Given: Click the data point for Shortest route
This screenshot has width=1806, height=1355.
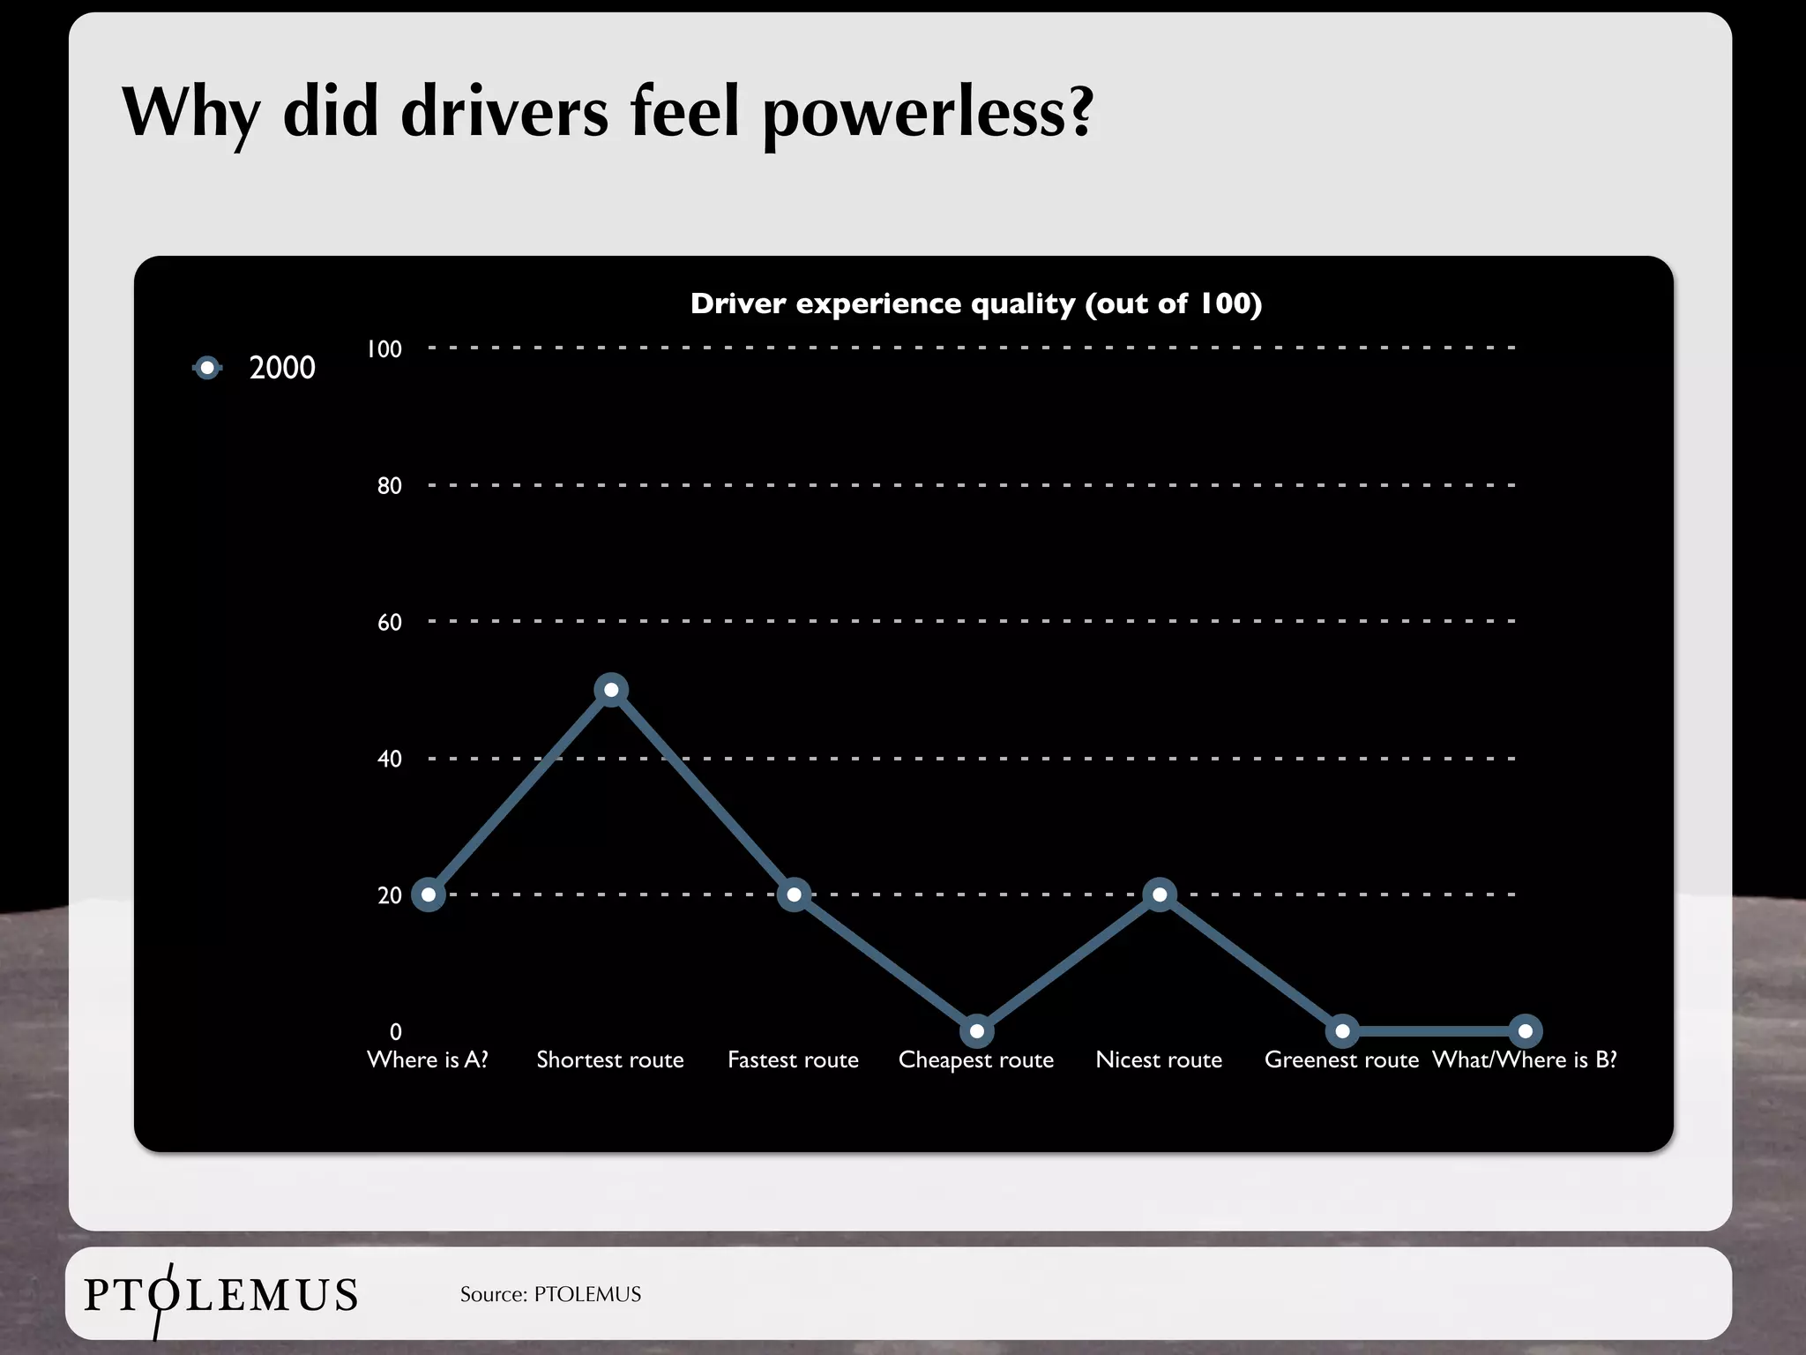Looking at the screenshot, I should [611, 689].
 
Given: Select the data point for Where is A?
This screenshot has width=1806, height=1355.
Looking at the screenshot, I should [429, 895].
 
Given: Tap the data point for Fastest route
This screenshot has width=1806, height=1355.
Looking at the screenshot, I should [794, 895].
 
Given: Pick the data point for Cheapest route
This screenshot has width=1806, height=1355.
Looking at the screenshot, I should [976, 1031].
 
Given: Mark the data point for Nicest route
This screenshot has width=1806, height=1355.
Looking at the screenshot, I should [1160, 895].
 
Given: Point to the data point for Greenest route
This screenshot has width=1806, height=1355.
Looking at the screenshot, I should [1342, 1031].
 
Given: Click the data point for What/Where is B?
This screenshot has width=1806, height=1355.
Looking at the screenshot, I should [1525, 1031].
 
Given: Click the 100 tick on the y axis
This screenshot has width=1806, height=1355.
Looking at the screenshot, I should [384, 349].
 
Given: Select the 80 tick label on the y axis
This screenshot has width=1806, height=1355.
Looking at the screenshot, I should [389, 486].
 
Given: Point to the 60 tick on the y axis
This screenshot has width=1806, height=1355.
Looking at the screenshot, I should [389, 623].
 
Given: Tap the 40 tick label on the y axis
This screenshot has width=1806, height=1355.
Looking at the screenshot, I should [389, 760].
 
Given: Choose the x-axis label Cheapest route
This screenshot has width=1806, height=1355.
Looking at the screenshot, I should [976, 1059].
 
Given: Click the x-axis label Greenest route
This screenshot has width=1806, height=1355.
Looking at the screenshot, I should [1341, 1059].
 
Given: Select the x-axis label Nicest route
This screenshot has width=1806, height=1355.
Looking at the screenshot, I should [1159, 1059].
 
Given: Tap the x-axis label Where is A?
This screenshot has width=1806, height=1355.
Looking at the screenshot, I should [428, 1059].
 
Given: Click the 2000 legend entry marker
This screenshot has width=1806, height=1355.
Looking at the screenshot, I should [207, 368].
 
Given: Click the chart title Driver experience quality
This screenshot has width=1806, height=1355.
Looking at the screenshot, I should [976, 303].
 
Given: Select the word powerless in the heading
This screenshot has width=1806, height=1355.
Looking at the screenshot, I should [927, 113].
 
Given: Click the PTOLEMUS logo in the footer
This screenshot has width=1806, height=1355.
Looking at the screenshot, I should [220, 1295].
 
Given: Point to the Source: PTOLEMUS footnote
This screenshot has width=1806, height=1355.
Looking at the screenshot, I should [550, 1294].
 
